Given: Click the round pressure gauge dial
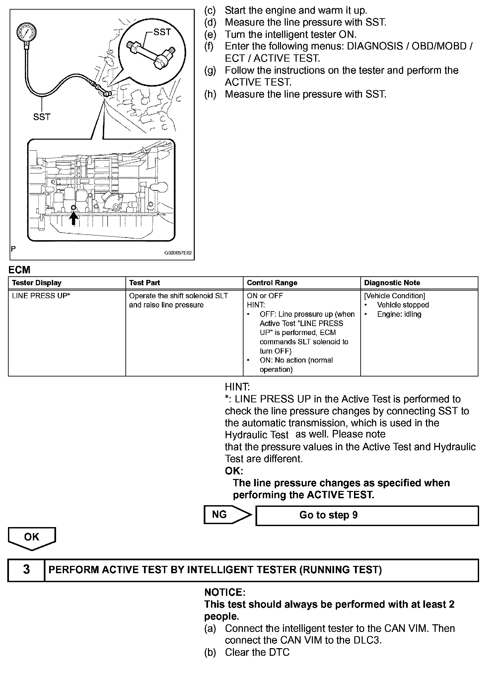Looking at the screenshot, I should [26, 33].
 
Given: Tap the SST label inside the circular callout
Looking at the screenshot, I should [162, 32].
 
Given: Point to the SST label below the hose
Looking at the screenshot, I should [42, 117].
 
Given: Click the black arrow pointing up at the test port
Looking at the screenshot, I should [74, 219].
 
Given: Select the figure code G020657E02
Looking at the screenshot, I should [178, 253].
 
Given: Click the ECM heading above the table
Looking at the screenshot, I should [19, 270].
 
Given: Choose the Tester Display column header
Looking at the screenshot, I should [37, 283].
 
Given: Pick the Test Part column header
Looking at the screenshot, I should [144, 283].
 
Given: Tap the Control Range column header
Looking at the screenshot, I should [272, 283].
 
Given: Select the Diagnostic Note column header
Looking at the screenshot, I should [392, 283].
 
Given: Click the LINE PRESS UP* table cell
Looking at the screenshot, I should [41, 296].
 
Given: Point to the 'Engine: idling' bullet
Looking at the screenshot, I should [399, 314].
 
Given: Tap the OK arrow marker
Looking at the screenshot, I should [32, 537].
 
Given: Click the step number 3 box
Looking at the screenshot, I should [26, 570].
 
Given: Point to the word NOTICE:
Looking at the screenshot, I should [225, 592].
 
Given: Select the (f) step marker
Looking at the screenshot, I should [210, 46].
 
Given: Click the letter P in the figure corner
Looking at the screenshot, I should [13, 249].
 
